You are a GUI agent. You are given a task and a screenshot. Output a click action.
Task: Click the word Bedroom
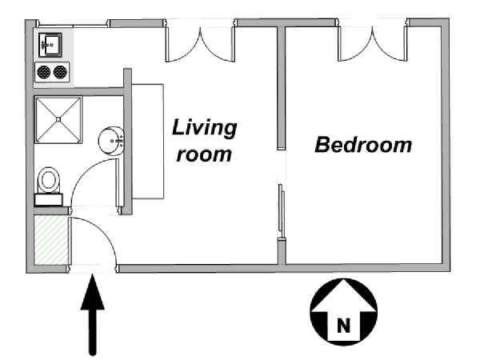pos(363,145)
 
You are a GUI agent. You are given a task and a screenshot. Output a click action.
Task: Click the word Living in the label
pos(204,128)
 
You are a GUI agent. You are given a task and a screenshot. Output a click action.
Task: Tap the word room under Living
pos(204,154)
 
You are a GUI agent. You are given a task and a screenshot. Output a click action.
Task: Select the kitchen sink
pos(50,45)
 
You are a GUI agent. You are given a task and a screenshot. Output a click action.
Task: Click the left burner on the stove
pos(44,72)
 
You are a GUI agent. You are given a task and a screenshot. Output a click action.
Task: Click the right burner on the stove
pos(60,72)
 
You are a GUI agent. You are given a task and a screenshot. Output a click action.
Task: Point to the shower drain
pos(58,119)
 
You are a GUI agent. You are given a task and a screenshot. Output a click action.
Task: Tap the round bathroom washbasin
pos(110,141)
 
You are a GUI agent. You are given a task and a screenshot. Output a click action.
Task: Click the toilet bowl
pos(49,180)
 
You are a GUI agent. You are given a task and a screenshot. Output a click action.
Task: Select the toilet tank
pos(49,199)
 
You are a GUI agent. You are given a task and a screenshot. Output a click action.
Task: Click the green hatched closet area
pos(51,240)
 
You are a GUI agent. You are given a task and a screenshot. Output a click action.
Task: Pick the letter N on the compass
pos(343,326)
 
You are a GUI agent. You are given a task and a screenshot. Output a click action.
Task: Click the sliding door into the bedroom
pos(281,207)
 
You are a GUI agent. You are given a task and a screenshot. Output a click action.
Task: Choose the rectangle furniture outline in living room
pos(148,142)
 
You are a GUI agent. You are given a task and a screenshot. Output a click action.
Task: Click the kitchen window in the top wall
pos(73,24)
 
